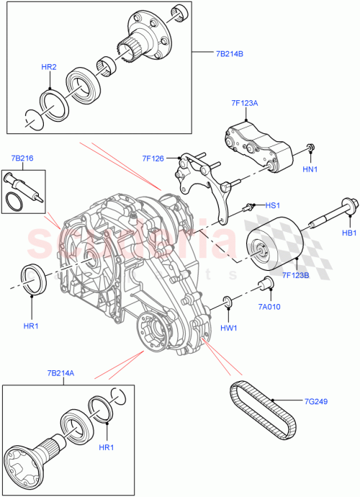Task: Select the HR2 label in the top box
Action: pos(49,67)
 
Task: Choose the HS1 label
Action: pos(273,205)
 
